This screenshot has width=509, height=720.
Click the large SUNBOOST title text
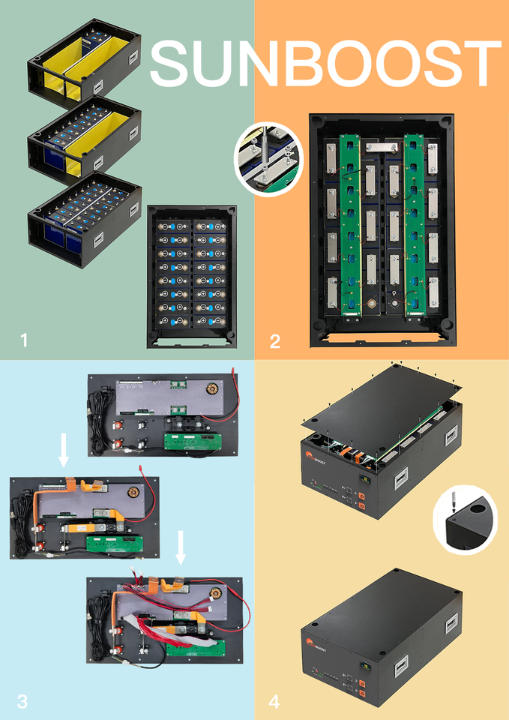[326, 61]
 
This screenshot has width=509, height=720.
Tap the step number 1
[24, 340]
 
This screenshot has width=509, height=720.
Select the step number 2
[275, 341]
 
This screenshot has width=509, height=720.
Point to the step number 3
[22, 701]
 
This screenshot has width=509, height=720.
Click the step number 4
[274, 702]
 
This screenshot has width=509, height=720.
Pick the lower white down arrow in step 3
[181, 548]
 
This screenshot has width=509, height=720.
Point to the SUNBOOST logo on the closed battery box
[319, 643]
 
